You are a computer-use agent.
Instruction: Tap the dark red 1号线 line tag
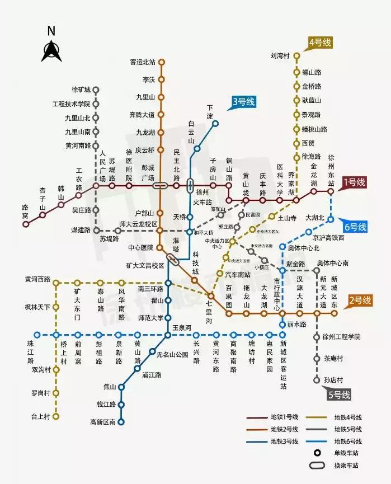[x=354, y=182]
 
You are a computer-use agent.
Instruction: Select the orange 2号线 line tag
[x=360, y=300]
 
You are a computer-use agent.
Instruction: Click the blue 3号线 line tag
[x=243, y=102]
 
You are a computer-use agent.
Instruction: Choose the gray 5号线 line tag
[x=340, y=394]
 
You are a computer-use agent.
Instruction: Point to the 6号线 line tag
[x=355, y=227]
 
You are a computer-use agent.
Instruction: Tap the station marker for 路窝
[x=25, y=224]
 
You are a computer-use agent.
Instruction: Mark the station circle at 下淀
[x=215, y=124]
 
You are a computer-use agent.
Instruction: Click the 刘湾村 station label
[x=280, y=56]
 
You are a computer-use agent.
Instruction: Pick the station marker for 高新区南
[x=121, y=422]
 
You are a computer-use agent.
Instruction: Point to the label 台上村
[x=41, y=416]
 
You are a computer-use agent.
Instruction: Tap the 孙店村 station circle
[x=317, y=380]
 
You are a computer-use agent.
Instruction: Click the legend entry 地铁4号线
[x=348, y=417]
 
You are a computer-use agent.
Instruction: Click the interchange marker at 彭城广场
[x=161, y=185]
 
